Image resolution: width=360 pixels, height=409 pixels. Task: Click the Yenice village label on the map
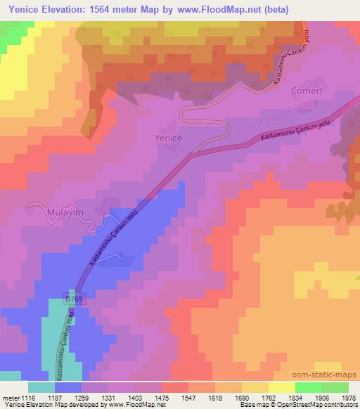coord(168,138)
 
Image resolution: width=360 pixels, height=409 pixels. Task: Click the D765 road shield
coord(68,298)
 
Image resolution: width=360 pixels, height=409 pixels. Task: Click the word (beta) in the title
coord(269,8)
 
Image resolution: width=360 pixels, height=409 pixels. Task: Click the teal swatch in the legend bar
coord(41,387)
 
